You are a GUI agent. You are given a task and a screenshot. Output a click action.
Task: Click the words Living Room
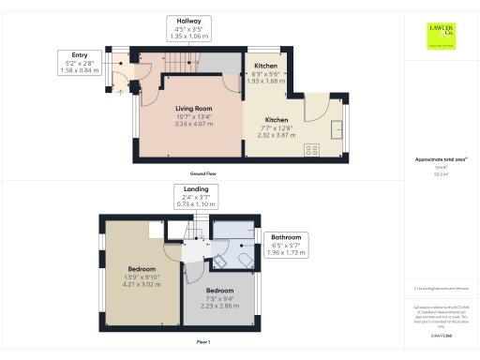[x=194, y=109]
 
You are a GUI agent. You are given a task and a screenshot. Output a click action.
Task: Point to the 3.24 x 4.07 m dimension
[x=194, y=124]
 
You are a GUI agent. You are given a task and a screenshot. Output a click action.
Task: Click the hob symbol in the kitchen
[x=311, y=148]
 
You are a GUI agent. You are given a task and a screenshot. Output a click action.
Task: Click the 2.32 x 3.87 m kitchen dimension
[x=277, y=135]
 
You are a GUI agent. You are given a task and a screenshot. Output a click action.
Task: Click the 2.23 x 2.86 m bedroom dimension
[x=219, y=306]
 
